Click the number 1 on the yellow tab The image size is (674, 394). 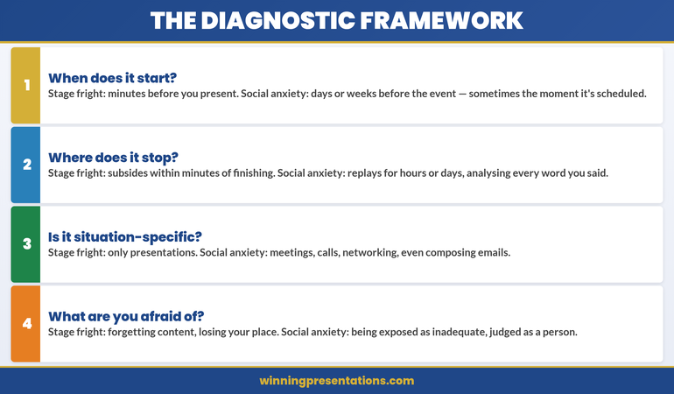pos(26,85)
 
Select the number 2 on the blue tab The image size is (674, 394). pos(26,165)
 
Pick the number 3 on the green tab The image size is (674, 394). pos(26,244)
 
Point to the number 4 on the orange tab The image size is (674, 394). pos(26,324)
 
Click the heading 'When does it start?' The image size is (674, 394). pos(113,77)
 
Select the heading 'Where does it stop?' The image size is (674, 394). pos(113,157)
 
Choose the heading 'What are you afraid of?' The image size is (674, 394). pos(123,316)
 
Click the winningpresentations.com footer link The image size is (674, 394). pos(337,381)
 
